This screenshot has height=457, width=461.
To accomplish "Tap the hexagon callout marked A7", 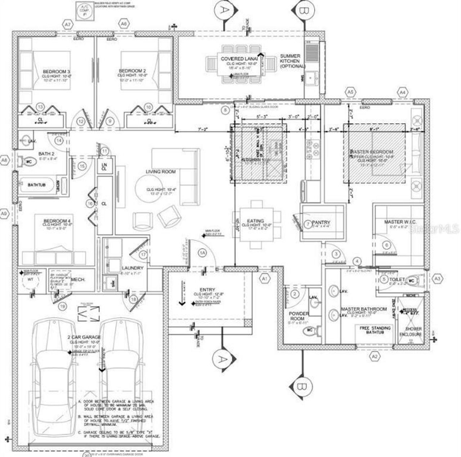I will click(x=67, y=25).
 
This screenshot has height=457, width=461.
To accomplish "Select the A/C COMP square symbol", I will click(x=85, y=11).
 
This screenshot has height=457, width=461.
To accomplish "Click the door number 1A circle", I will click(x=202, y=253).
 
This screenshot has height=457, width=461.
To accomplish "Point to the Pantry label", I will click(x=321, y=222).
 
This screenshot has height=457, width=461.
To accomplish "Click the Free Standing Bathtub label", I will click(x=375, y=330).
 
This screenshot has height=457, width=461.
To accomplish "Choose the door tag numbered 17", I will click(x=143, y=254).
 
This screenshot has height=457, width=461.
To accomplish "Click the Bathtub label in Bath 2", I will click(x=37, y=185).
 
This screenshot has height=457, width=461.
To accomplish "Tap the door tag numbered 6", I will click(x=387, y=245).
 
